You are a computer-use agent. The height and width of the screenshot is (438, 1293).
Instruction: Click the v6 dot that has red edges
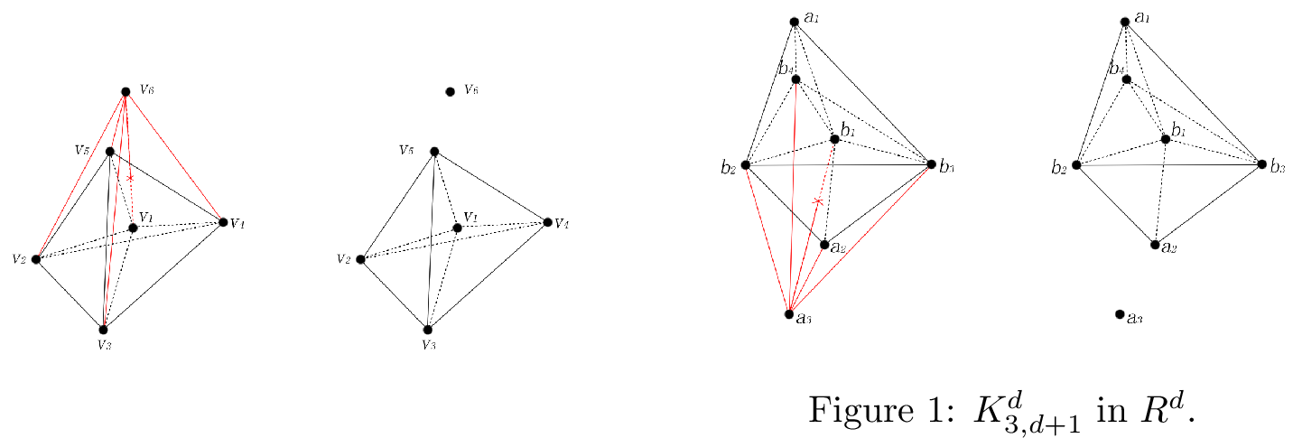click(x=126, y=92)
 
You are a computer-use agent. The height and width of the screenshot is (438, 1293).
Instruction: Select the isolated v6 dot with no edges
click(x=450, y=91)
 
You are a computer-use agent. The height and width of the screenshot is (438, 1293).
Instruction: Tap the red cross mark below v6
click(x=130, y=179)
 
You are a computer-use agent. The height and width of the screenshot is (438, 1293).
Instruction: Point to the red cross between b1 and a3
click(x=818, y=201)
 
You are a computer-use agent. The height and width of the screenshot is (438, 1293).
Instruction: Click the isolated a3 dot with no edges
click(x=1120, y=314)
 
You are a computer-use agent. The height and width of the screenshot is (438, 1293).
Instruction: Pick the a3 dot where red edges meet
click(x=789, y=314)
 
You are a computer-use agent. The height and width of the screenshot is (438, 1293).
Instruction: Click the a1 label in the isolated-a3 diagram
click(x=1142, y=17)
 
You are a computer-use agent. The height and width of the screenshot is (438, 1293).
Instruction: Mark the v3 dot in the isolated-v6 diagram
click(x=427, y=330)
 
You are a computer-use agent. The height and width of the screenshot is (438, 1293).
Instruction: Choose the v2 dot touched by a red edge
click(x=36, y=259)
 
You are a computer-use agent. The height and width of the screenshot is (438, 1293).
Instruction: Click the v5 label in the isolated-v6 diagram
click(x=407, y=149)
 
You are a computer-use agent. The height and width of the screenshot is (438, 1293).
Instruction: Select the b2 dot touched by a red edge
click(x=745, y=165)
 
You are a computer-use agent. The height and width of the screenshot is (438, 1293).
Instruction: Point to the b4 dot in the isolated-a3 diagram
click(x=1126, y=79)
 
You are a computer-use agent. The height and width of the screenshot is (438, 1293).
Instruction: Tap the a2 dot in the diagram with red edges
click(x=824, y=244)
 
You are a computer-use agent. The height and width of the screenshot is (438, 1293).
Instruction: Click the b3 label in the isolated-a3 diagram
click(x=1277, y=165)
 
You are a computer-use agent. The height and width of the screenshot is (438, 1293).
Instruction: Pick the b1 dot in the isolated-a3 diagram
click(x=1166, y=139)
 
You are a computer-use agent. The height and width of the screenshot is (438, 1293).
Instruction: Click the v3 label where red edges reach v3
click(x=104, y=344)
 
